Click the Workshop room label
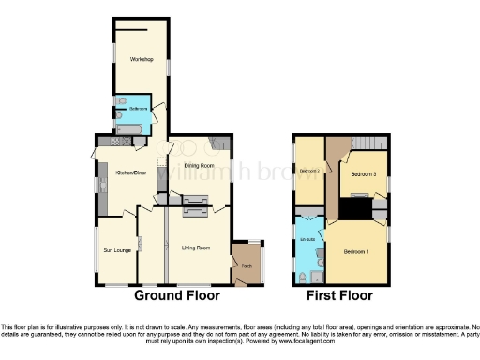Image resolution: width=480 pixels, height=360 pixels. click(142, 60)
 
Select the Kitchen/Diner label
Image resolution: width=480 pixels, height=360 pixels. click(129, 172)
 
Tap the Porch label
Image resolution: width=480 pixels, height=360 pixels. click(246, 266)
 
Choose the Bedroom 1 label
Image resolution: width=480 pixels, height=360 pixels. click(355, 252)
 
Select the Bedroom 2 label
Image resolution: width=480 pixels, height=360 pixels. click(310, 171)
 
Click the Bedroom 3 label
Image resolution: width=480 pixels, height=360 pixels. click(364, 174)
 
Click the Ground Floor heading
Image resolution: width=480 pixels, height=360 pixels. click(177, 295)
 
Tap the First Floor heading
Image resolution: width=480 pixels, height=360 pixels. click(339, 295)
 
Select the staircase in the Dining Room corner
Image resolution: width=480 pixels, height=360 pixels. click(219, 142)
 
